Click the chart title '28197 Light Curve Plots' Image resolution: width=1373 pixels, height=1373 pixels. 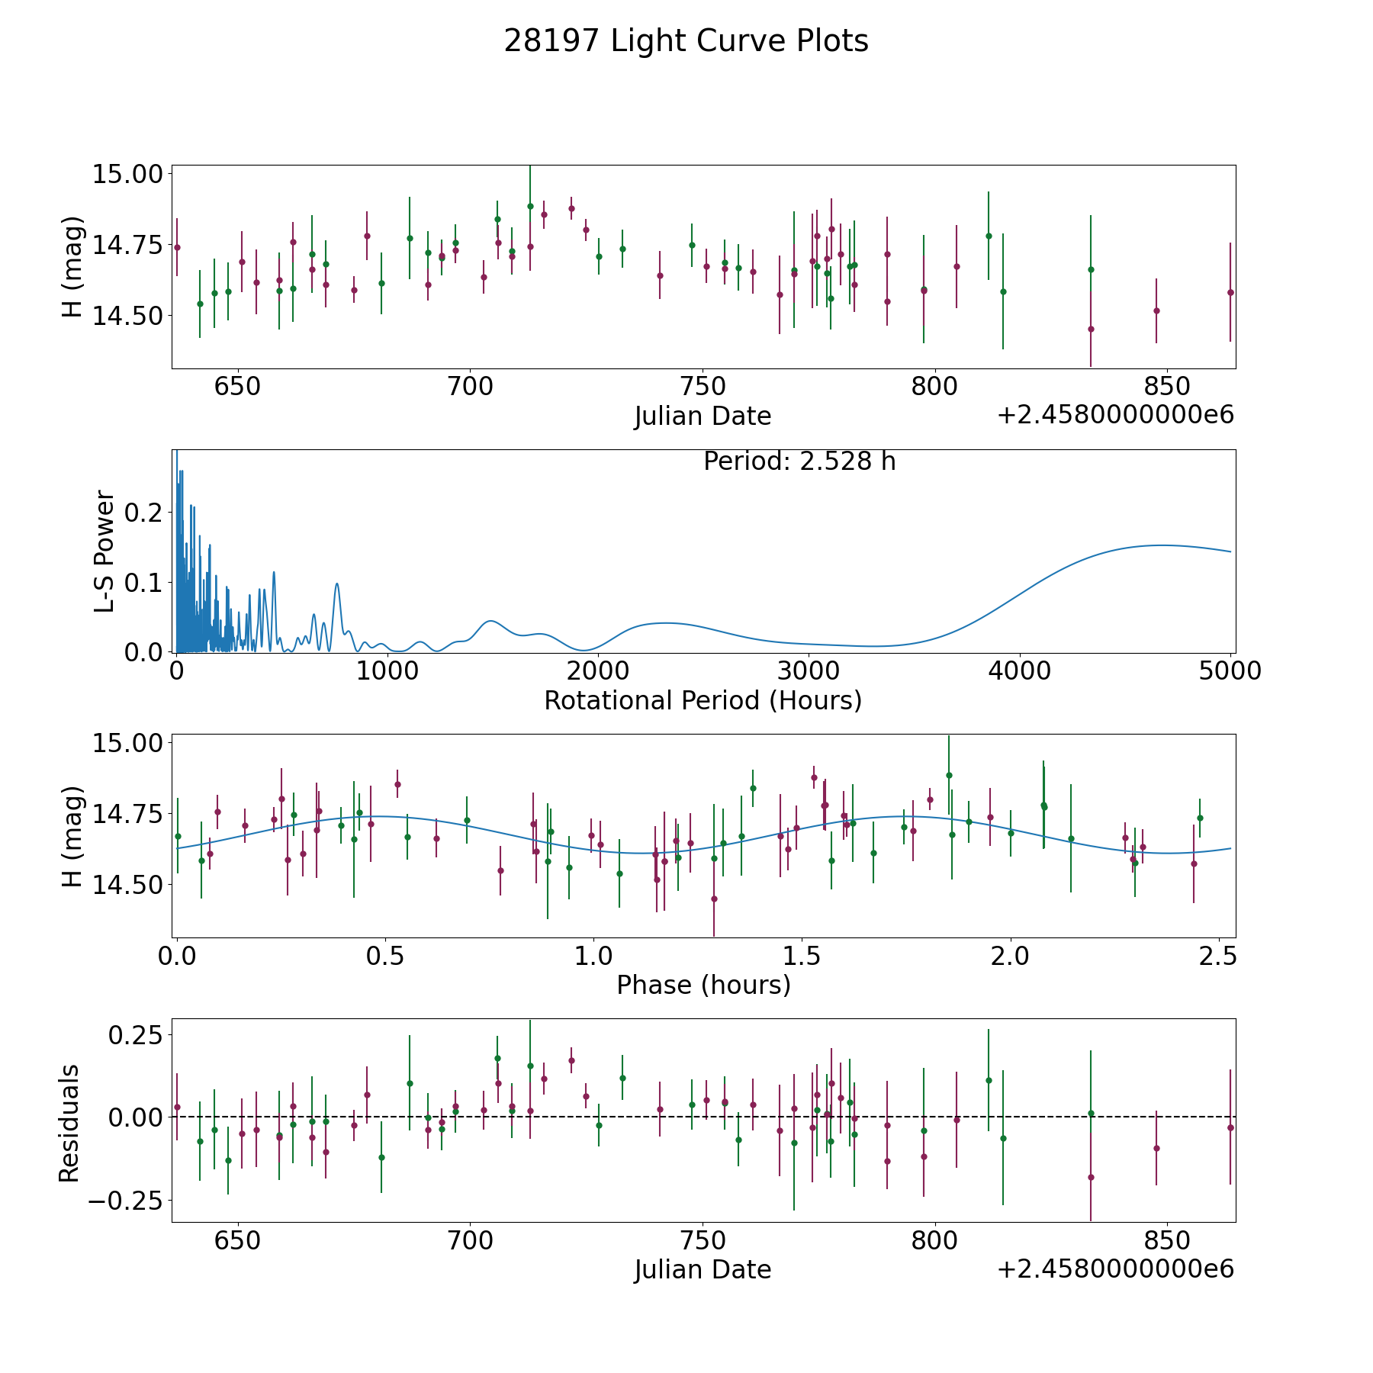[686, 41]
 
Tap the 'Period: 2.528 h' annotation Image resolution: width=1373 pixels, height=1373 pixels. [799, 461]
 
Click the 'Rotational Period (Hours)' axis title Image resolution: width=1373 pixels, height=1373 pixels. [703, 700]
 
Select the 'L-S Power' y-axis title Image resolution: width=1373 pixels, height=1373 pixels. [105, 551]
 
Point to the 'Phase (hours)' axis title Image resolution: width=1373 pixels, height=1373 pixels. [703, 985]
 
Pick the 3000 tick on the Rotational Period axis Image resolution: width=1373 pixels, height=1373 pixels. [809, 671]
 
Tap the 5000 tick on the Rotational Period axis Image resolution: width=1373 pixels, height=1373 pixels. [1230, 671]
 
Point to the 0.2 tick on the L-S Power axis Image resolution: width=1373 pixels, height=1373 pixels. [145, 513]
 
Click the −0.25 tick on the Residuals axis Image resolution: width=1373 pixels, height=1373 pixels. [125, 1200]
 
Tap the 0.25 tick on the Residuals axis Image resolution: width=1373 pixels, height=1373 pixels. [137, 1035]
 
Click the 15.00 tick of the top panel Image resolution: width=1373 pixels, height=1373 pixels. [128, 174]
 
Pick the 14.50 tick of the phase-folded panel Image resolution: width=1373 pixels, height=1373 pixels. [128, 885]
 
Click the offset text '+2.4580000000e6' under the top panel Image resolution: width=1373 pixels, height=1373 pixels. [1115, 415]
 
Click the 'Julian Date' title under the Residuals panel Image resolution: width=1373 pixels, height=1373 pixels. [703, 1270]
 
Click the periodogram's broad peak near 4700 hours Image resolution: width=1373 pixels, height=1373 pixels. [1161, 545]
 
